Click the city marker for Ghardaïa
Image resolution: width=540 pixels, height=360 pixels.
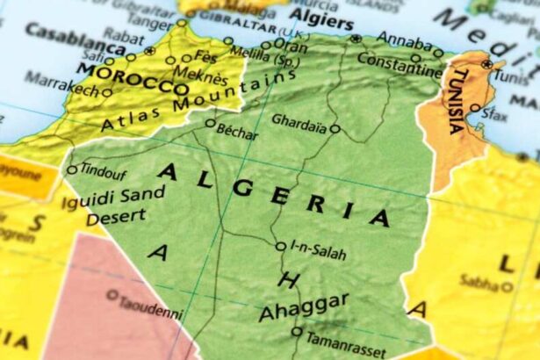pos(335,128)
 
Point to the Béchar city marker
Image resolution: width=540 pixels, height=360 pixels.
pos(210,124)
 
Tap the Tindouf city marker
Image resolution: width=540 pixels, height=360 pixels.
pos(72,170)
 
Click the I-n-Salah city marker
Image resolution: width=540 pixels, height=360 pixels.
pos(280,247)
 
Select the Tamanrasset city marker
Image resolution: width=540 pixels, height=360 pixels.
pos(297,332)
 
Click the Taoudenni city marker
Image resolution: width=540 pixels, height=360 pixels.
pos(112,295)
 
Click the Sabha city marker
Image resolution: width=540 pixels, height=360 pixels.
pos(507,286)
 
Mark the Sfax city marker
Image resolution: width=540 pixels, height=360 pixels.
pos(475,108)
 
